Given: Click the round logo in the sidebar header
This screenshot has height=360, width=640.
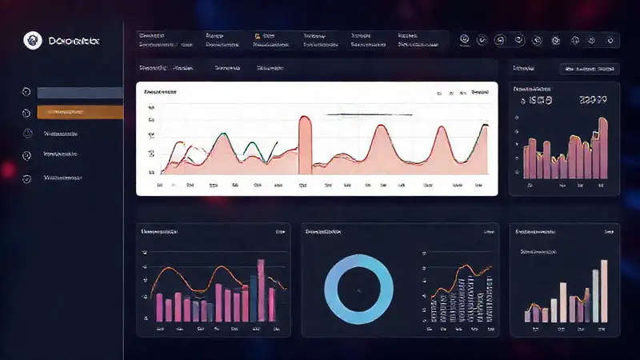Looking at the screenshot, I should click(33, 39).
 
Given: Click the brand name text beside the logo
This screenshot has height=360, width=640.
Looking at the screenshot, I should click(73, 40).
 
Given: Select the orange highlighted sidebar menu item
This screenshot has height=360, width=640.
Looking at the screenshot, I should click(80, 113).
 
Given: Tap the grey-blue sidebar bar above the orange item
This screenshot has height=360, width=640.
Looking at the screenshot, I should click(80, 93).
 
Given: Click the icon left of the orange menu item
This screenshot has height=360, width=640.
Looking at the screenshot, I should click(27, 114).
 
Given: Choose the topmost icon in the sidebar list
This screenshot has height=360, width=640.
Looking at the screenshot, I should click(27, 92).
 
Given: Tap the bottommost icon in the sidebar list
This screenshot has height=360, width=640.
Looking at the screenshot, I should click(27, 178).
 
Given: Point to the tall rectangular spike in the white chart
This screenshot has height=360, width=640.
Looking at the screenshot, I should click(305, 144).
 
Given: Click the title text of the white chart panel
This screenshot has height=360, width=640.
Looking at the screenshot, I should click(160, 93).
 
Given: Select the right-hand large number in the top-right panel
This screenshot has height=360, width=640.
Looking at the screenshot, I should click(592, 101).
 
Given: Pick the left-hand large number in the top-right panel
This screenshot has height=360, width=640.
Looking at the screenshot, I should click(536, 102).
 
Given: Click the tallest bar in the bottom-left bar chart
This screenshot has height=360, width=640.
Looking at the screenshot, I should click(261, 290).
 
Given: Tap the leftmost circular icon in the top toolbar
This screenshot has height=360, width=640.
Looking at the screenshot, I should click(463, 39).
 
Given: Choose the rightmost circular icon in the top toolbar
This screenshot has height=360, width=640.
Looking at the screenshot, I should click(611, 39).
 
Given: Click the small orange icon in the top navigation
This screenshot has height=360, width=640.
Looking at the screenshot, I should click(258, 37).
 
